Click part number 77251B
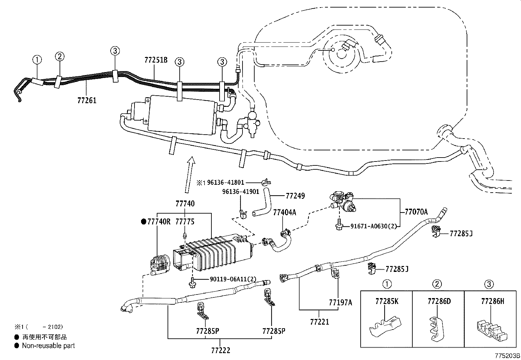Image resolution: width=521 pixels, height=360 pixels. (x=156, y=60)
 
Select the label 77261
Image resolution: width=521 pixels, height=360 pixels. (x=87, y=100)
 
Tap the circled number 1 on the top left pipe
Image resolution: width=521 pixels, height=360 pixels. (x=37, y=60)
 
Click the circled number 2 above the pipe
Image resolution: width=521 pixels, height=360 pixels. (x=60, y=56)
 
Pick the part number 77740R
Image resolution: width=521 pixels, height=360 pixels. (x=158, y=222)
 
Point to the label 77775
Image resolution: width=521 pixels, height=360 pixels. (x=185, y=222)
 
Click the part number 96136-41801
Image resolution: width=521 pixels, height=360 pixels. (x=226, y=182)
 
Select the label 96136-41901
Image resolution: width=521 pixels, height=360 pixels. (x=241, y=192)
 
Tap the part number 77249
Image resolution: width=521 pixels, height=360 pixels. (x=295, y=196)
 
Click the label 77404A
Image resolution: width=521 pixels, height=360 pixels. (x=284, y=213)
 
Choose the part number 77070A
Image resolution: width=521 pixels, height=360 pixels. (x=416, y=212)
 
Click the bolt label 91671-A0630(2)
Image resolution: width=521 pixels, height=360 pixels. (x=373, y=226)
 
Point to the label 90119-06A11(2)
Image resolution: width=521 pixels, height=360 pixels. (x=233, y=279)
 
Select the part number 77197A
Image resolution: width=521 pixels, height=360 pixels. (x=340, y=302)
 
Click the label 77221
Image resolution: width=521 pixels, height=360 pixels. (x=319, y=322)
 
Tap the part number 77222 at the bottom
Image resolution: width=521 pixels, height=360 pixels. (x=221, y=351)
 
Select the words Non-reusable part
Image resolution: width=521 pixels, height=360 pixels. (x=48, y=346)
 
